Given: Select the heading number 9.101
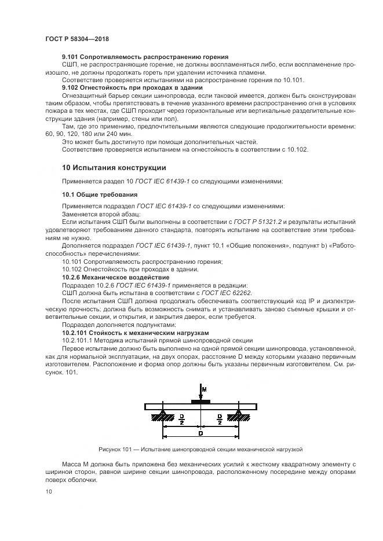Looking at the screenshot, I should (70, 57).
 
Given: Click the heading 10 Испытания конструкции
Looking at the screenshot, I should (114, 168).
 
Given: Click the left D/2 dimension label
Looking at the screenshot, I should (182, 418).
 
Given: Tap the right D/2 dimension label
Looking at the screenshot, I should (219, 418).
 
